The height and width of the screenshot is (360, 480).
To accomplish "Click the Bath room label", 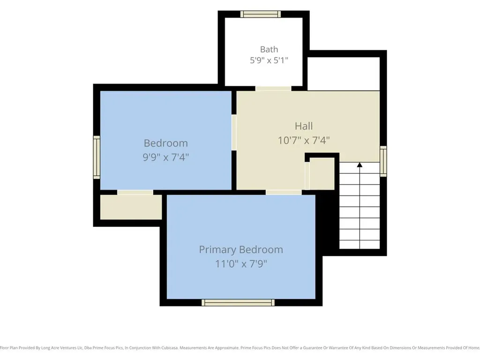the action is click(269, 49).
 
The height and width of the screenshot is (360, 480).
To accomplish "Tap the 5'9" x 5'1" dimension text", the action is click(269, 60).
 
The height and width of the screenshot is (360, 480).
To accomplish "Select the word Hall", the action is click(304, 126).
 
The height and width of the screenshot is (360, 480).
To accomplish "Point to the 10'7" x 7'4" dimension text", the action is click(304, 141).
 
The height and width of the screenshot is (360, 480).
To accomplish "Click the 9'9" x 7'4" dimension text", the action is click(165, 157).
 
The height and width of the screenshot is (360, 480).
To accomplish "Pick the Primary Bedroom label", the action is click(241, 250).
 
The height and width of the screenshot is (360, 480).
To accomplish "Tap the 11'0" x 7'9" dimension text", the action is click(241, 263).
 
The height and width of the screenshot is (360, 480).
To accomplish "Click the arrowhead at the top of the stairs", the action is click(360, 165).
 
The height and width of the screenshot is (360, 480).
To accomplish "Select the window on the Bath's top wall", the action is click(261, 14).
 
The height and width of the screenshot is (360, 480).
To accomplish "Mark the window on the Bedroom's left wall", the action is click(97, 157).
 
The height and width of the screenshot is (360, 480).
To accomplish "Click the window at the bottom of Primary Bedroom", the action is click(238, 302).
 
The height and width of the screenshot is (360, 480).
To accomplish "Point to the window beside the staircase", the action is click(383, 161).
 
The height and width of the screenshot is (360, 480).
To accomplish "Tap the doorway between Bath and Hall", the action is click(273, 89).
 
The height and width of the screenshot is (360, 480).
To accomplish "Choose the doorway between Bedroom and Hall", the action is click(234, 132).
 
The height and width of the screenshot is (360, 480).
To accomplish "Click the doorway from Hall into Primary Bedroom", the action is click(284, 192).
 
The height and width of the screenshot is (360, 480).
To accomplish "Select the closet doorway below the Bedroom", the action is click(135, 192).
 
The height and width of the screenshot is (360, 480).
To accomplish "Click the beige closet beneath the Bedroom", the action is click(131, 207).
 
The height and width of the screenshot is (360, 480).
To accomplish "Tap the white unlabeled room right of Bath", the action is click(344, 74).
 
